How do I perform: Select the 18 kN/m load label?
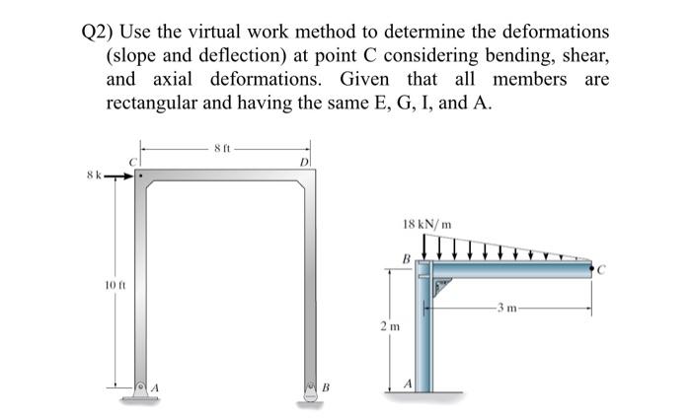427,225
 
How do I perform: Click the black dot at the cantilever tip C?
590,266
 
